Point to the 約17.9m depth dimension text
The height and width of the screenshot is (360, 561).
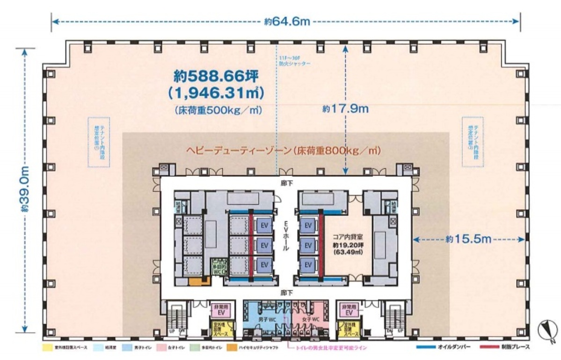345,109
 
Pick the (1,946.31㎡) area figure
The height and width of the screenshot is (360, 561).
216,93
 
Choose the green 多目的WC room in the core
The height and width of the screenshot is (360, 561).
217,268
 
